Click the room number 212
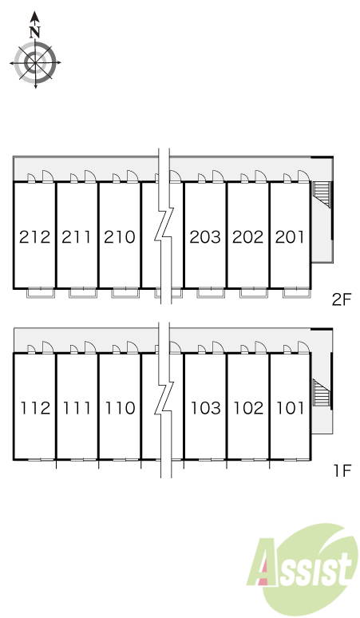34,237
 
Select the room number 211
77,237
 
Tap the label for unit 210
120,237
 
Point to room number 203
205,237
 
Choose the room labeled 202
247,237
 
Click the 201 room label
290,237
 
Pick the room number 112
35,408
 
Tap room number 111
77,408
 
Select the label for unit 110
120,408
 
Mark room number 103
206,408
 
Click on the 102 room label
248,408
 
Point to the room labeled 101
291,408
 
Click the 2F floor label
341,300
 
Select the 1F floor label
342,470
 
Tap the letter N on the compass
35,32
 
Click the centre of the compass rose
35,62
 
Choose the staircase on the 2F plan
321,194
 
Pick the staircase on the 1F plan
321,392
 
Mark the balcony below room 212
41,293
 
